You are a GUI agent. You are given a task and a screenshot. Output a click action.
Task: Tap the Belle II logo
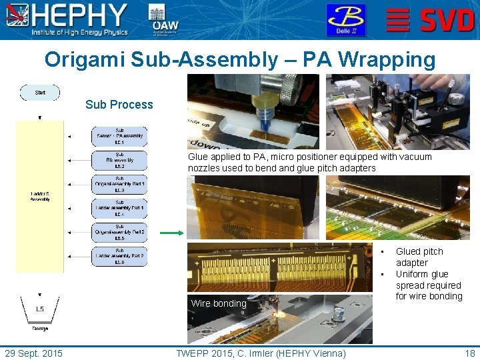point(345,19)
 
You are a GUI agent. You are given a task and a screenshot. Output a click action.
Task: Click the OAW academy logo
point(163,19)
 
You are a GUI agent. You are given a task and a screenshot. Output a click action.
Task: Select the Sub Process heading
point(119,105)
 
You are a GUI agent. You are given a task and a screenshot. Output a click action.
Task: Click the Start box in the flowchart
point(40,93)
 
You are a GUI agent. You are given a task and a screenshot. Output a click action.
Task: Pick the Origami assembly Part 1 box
point(119,184)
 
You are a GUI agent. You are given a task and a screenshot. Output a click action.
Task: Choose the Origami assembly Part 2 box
point(119,232)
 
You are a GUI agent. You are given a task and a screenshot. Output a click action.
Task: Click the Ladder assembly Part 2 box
point(119,256)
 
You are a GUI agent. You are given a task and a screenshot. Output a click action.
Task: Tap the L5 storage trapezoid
point(40,309)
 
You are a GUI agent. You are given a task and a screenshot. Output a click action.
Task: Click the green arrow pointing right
point(171,233)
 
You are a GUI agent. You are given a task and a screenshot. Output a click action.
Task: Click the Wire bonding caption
point(218,303)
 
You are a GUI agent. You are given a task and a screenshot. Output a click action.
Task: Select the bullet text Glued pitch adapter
point(419,257)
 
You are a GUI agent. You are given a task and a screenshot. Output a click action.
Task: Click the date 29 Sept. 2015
point(33,353)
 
